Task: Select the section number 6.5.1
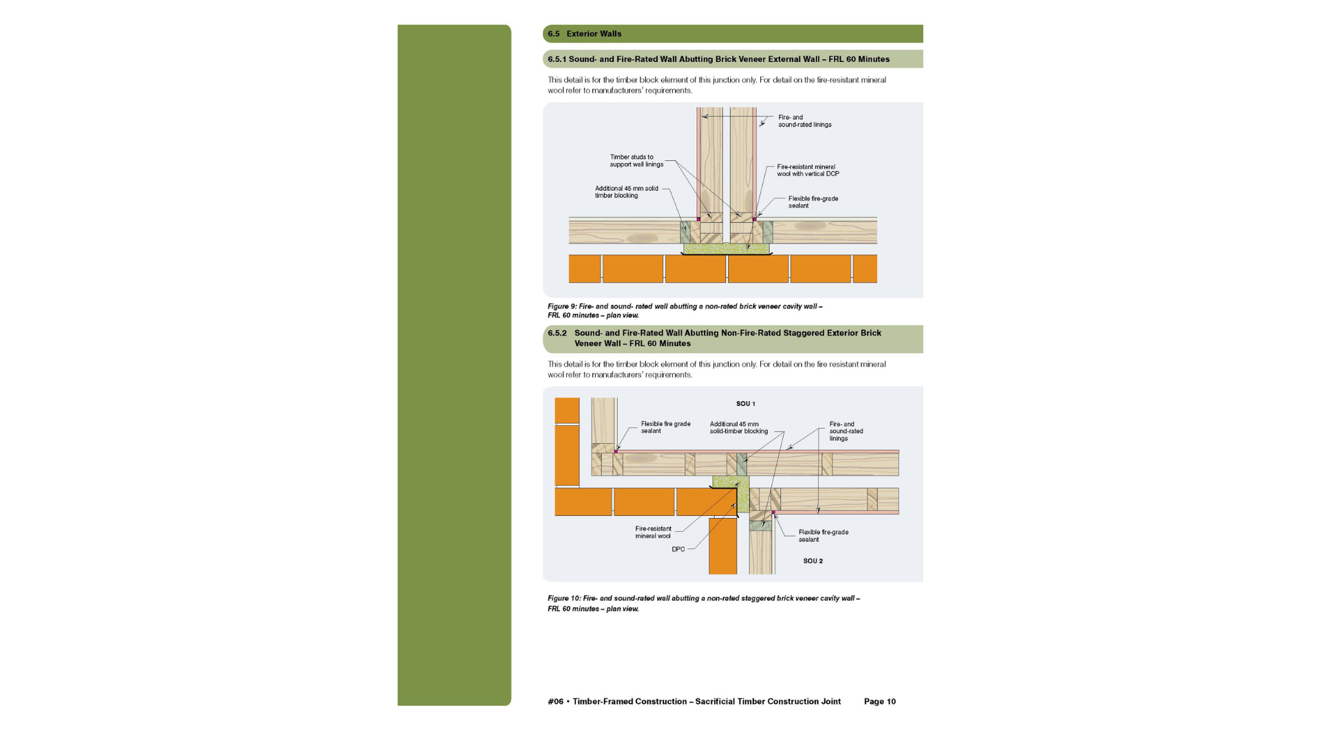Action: click(x=557, y=59)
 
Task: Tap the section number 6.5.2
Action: click(x=557, y=333)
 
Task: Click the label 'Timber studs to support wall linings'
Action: click(x=636, y=161)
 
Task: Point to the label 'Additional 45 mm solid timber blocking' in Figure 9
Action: click(x=626, y=192)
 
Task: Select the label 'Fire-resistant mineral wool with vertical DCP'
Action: click(x=808, y=171)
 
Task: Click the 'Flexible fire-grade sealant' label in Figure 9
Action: click(x=813, y=202)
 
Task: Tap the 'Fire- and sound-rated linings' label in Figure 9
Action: click(x=804, y=121)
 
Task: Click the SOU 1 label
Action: click(x=745, y=404)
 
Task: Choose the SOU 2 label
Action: click(x=813, y=561)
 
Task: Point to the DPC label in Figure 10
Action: click(x=678, y=550)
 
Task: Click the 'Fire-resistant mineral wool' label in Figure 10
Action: click(x=653, y=532)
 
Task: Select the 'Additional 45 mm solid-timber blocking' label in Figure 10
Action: click(x=738, y=428)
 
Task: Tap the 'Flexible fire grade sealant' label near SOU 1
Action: click(x=665, y=427)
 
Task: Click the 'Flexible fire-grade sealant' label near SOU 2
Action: click(x=823, y=536)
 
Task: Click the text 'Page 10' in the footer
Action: click(x=879, y=702)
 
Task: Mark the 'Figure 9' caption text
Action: click(x=685, y=311)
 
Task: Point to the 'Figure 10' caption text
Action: click(x=703, y=603)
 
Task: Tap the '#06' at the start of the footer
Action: click(x=555, y=702)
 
